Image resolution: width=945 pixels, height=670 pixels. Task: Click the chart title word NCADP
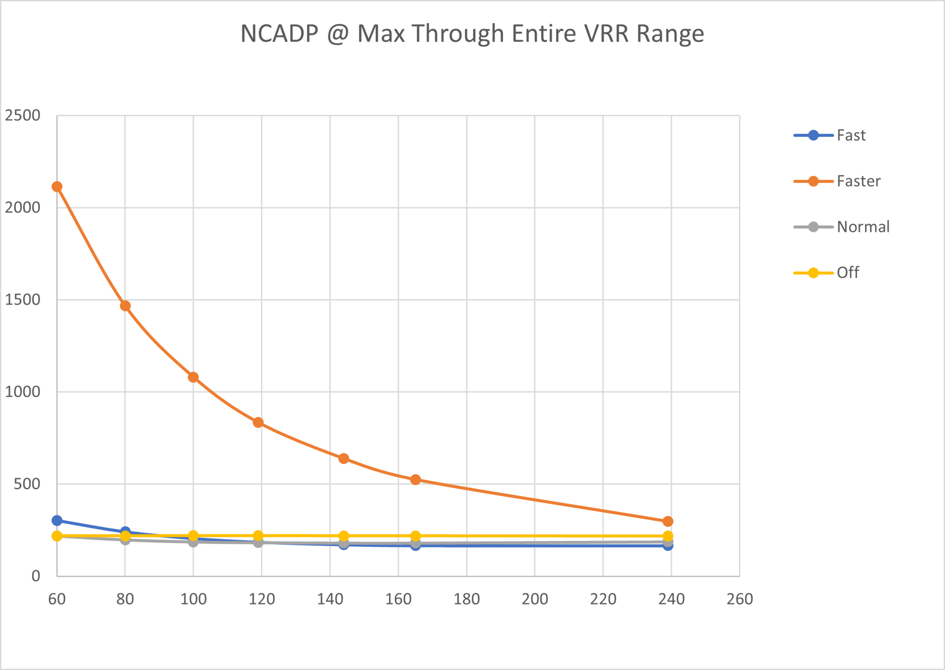pos(279,34)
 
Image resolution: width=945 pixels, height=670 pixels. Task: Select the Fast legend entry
pos(851,135)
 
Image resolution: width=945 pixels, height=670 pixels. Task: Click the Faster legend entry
pos(858,181)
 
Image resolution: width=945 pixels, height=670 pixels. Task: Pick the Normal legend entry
pos(863,227)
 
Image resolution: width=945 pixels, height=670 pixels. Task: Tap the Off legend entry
pos(847,273)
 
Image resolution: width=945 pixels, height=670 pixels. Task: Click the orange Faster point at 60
pos(57,187)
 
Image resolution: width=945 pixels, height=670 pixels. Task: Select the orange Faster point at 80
pos(125,306)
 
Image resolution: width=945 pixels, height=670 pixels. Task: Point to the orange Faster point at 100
pos(193,377)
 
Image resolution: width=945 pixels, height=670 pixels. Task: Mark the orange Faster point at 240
pos(668,521)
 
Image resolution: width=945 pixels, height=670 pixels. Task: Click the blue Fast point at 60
pos(57,521)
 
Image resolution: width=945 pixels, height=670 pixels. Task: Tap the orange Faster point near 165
pos(415,479)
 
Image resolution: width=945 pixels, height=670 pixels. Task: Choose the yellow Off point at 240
pos(668,536)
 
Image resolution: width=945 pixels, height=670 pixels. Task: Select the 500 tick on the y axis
pos(27,484)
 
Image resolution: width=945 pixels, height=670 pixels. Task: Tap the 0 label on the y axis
pos(36,576)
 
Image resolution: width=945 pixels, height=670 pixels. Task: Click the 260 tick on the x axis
pos(740,599)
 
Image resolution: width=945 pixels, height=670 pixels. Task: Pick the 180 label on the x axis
pos(467,599)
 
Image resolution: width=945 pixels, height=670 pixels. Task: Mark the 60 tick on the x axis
pos(57,599)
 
